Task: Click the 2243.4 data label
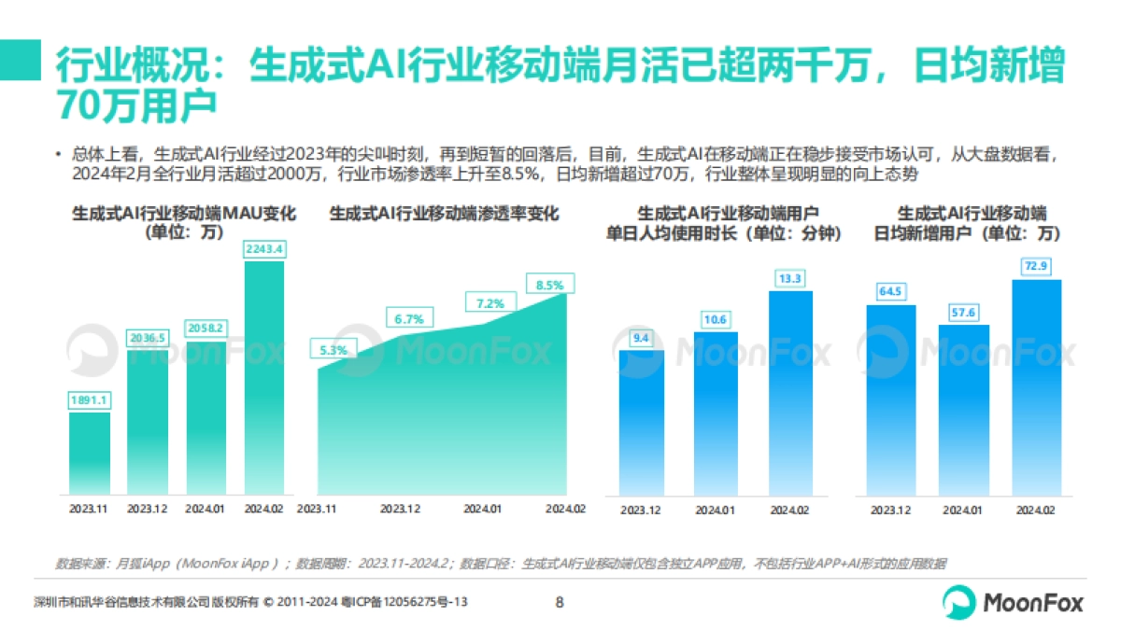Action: pos(263,249)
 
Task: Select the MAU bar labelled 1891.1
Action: pos(90,453)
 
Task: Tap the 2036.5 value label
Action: pos(148,338)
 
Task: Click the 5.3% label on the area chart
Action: pos(331,350)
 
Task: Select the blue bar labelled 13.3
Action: pos(789,392)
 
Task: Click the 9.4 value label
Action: pos(641,338)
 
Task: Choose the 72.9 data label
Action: pos(1036,267)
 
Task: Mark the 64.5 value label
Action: pos(890,291)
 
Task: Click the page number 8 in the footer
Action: pos(560,602)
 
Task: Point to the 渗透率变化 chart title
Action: pos(444,214)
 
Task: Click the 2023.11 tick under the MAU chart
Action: pos(90,509)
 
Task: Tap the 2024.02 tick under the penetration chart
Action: pos(565,509)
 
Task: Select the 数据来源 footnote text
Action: pos(500,564)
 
